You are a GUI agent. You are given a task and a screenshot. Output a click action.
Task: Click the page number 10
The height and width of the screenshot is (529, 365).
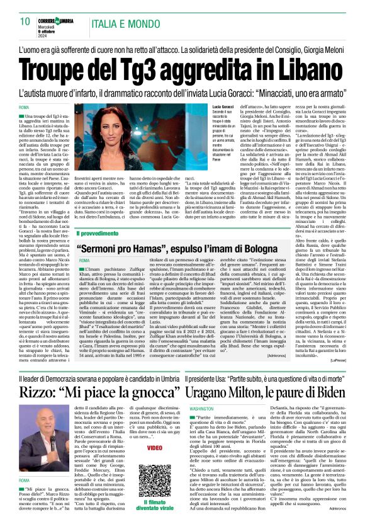25,23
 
